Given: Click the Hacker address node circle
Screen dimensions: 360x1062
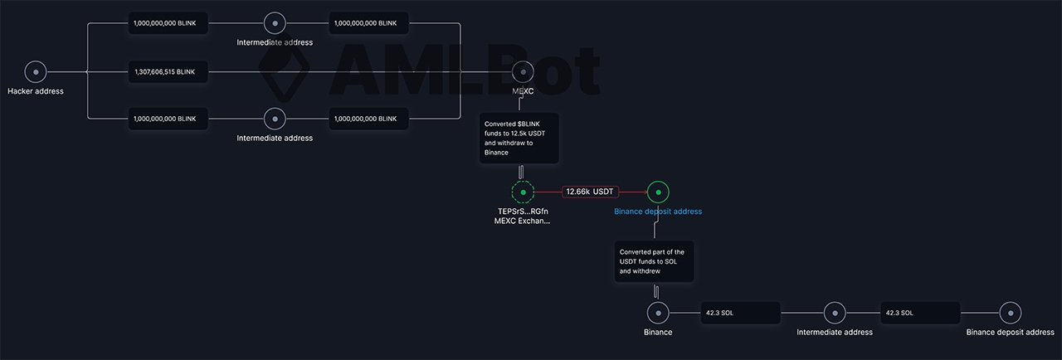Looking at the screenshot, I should (x=36, y=72).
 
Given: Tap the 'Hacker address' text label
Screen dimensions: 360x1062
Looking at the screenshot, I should (x=36, y=91).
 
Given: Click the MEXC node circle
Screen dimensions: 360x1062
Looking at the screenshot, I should (x=523, y=72).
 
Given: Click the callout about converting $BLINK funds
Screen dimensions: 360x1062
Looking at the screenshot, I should (x=519, y=138).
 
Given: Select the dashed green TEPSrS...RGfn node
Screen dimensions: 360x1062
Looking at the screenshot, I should (x=524, y=192).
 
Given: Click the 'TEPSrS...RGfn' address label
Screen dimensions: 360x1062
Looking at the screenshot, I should (x=524, y=211).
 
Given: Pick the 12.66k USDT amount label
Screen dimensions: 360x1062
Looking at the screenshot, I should (x=590, y=192).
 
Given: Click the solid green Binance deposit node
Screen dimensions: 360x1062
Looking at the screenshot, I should (x=658, y=192).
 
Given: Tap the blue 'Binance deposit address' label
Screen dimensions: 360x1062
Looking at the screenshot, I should (x=658, y=212).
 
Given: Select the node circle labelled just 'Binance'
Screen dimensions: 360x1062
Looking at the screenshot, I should (x=658, y=313).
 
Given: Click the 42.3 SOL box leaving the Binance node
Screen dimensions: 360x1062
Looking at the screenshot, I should (x=740, y=313).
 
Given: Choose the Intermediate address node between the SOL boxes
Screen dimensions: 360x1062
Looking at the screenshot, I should (x=835, y=313).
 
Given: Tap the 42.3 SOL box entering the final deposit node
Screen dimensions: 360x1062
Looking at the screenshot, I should (x=920, y=313).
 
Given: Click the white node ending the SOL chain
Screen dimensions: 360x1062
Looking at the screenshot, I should (x=1010, y=313).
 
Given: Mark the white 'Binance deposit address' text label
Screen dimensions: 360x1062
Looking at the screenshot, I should (x=1010, y=333).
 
